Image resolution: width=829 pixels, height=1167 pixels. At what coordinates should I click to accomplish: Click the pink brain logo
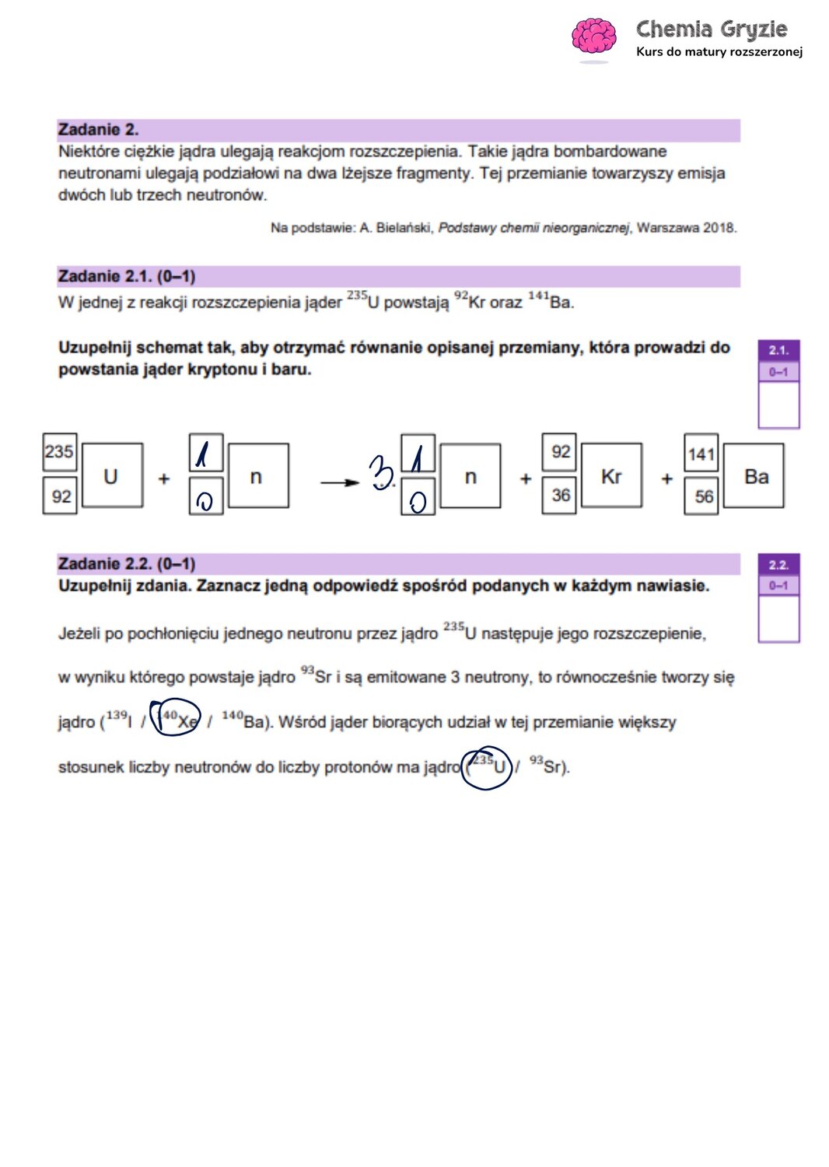tap(593, 37)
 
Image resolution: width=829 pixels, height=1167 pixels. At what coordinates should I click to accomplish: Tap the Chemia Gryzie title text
tap(711, 30)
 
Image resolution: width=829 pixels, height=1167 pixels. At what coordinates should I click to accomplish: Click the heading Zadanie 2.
tap(98, 129)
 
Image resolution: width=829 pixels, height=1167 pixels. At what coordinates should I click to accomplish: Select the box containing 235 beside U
tap(59, 452)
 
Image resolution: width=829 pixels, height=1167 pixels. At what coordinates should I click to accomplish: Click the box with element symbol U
tap(112, 476)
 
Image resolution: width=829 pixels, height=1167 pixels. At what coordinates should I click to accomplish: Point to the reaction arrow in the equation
tap(339, 482)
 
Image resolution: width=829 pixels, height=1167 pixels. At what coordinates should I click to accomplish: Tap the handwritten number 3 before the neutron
tap(381, 471)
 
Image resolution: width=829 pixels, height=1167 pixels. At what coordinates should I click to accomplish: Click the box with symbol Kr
tap(611, 476)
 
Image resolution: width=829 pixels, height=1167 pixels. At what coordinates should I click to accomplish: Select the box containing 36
tap(560, 496)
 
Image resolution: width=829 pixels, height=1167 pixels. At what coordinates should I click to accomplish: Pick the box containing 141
tap(701, 454)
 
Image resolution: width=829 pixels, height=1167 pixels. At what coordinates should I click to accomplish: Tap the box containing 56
tap(703, 496)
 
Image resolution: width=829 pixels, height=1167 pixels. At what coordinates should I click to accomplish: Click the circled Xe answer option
tap(177, 718)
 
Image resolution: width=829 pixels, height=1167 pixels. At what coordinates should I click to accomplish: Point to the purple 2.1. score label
tap(778, 350)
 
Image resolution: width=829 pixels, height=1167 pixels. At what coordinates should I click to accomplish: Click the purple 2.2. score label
tap(778, 565)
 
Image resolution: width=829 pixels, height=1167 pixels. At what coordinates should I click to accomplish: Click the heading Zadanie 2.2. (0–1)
tap(127, 563)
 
